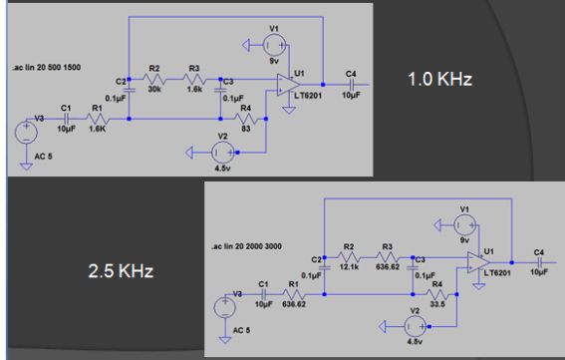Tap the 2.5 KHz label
(x=118, y=271)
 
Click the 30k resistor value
(x=154, y=90)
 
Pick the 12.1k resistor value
(x=350, y=266)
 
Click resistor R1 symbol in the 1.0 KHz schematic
(x=98, y=119)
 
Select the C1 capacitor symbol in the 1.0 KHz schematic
(x=66, y=119)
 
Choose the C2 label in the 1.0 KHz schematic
(x=121, y=79)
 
